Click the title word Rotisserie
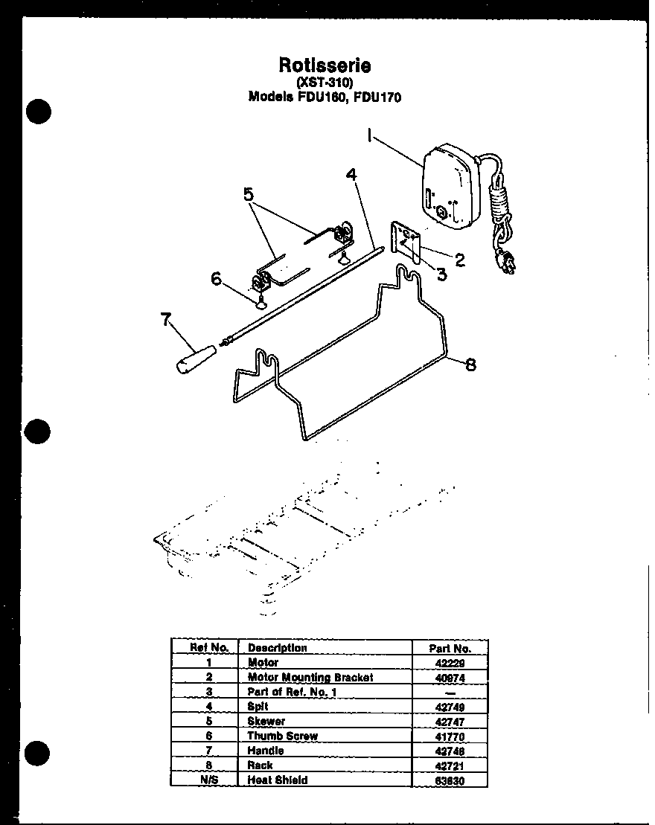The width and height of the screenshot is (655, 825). [x=325, y=65]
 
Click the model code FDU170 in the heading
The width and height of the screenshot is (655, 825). [x=377, y=97]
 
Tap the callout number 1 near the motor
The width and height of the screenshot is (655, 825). [x=369, y=135]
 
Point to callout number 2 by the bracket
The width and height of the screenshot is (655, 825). [x=459, y=260]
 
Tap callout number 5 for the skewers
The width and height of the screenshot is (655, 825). [x=249, y=195]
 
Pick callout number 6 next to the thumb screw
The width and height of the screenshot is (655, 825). [x=217, y=278]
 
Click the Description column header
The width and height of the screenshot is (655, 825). [x=277, y=647]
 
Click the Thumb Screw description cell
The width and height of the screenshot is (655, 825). [x=282, y=736]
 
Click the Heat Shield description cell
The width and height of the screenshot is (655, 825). [x=277, y=780]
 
